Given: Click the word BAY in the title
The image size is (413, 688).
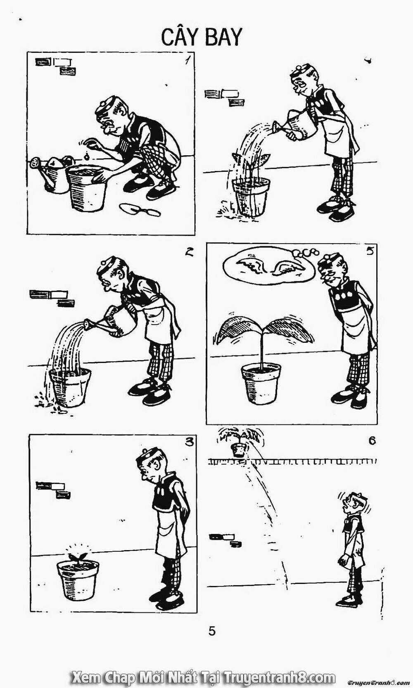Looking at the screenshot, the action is (x=224, y=38).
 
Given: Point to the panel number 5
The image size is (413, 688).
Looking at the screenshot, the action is (x=369, y=251).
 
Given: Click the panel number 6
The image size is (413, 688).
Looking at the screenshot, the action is (x=372, y=441).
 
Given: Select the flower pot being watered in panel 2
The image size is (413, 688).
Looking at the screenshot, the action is (x=70, y=388).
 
